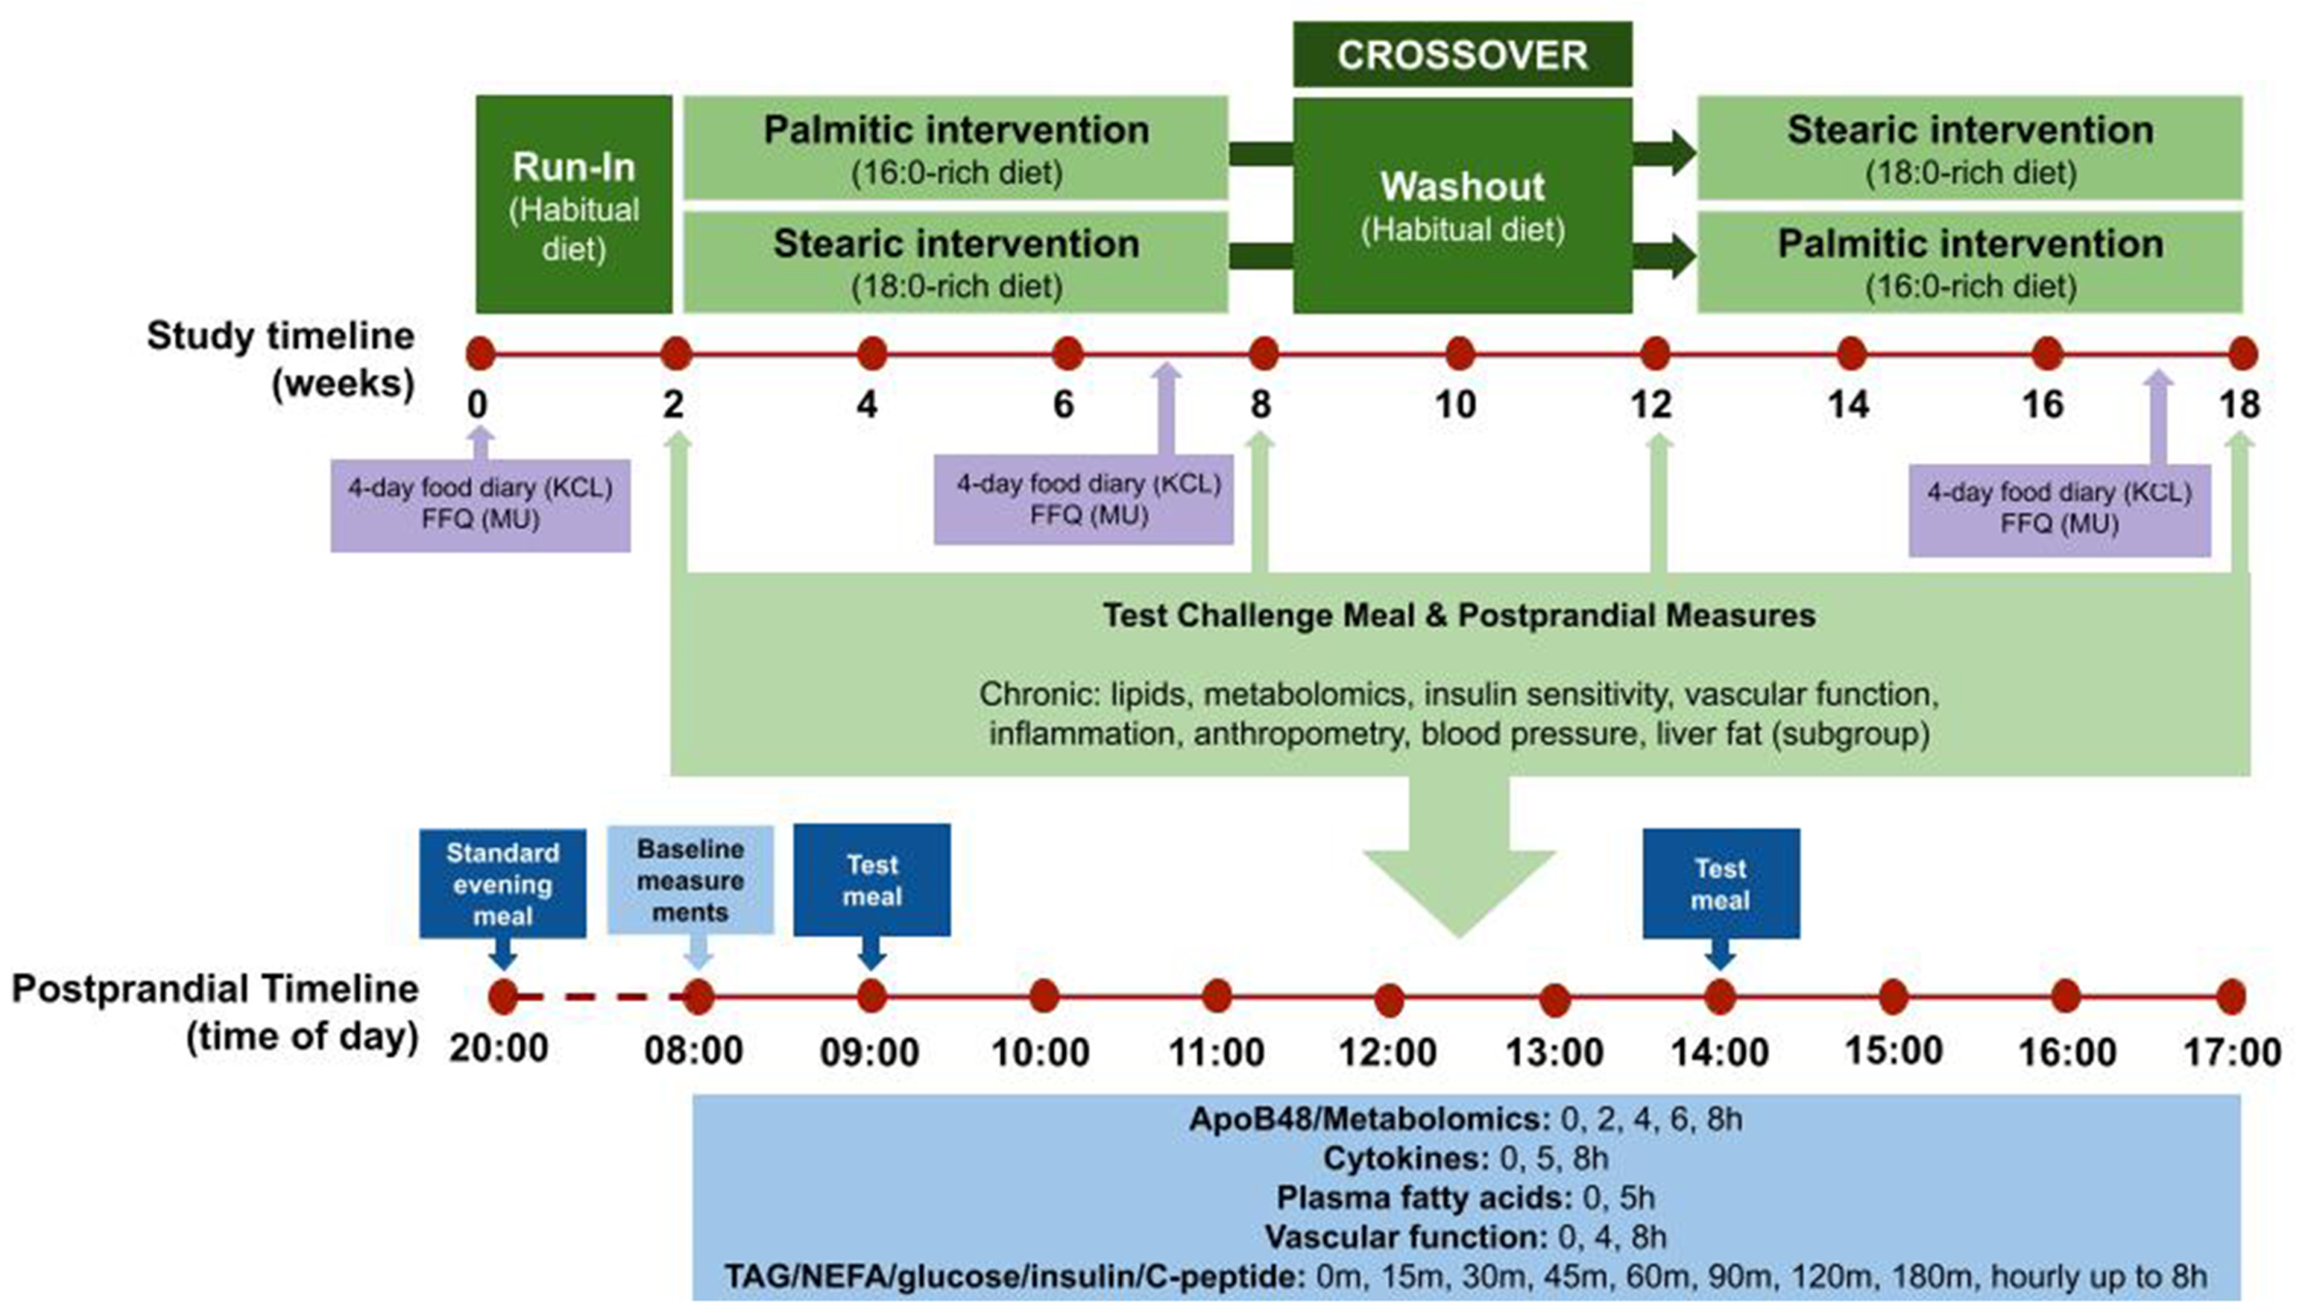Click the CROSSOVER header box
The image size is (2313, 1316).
click(1461, 56)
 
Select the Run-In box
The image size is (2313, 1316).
click(573, 205)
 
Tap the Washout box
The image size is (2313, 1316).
click(1461, 205)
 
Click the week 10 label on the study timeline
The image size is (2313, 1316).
click(1455, 405)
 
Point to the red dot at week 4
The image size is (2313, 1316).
click(871, 354)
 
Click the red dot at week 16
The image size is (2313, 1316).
click(2046, 354)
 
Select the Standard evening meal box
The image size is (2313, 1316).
click(501, 883)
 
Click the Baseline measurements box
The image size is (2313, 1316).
click(690, 879)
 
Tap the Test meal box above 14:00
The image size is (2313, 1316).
click(1720, 883)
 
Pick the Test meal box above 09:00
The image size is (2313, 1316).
click(871, 879)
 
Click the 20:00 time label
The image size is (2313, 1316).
click(499, 1050)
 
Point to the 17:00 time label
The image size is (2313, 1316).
click(2232, 1052)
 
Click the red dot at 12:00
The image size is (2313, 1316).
click(1388, 1000)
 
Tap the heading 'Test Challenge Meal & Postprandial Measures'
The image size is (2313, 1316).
click(1458, 616)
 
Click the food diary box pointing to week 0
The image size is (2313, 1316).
click(480, 504)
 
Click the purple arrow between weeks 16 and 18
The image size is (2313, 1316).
click(2158, 415)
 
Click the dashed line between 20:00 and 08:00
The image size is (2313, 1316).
click(596, 998)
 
